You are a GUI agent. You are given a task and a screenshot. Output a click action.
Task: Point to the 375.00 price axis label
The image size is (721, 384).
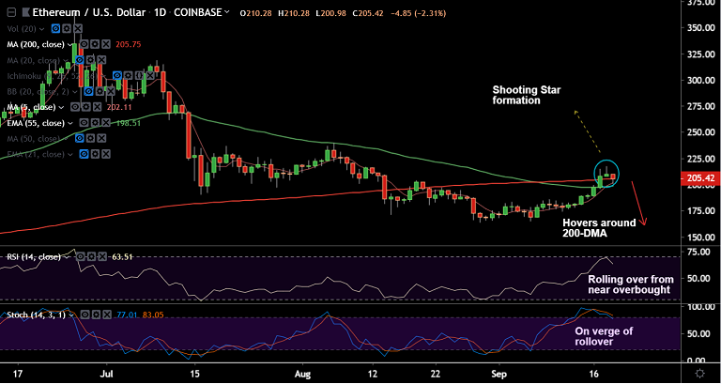pos(697,3)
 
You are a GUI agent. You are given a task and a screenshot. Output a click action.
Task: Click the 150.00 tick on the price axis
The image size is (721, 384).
pos(697,210)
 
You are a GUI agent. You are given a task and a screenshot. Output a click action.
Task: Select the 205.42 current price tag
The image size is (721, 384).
pos(696,177)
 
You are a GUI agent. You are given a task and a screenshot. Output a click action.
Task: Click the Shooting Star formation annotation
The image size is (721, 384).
pos(529,94)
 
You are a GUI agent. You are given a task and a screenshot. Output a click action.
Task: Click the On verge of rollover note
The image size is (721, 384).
pos(606,336)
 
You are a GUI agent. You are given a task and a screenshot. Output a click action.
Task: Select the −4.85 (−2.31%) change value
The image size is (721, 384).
pos(386,13)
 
